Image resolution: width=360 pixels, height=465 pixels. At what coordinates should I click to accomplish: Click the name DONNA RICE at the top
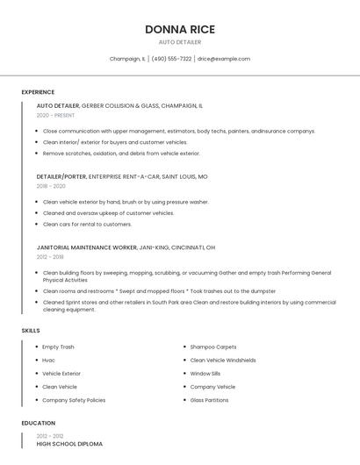179,29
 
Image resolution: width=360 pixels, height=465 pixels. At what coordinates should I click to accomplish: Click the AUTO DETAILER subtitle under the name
179,42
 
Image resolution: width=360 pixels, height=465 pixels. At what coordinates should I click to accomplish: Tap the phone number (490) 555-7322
171,59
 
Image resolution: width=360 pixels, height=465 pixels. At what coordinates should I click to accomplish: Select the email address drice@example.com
224,59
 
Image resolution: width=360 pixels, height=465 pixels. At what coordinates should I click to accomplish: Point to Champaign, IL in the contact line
127,59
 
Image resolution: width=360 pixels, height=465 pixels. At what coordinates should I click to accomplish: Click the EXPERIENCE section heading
38,92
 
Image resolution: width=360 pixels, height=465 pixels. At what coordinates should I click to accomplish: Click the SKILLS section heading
31,331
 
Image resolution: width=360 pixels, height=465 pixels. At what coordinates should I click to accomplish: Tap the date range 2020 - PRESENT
55,115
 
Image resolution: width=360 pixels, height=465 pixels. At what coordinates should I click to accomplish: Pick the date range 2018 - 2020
51,186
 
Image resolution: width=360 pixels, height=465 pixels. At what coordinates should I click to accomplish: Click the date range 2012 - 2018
50,257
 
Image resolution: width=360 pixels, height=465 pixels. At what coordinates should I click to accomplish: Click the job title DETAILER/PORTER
61,176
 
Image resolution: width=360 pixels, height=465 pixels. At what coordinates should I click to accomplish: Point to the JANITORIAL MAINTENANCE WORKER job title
87,247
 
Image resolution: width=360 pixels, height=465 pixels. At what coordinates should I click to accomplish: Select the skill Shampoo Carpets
213,347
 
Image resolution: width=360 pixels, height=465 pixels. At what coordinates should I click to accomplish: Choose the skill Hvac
48,360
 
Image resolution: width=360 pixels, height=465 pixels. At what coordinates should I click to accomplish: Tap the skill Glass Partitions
210,400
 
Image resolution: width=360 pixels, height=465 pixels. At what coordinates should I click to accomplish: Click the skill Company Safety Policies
74,400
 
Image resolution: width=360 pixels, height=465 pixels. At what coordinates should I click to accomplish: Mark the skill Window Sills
205,373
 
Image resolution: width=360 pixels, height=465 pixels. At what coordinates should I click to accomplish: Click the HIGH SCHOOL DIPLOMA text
69,444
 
